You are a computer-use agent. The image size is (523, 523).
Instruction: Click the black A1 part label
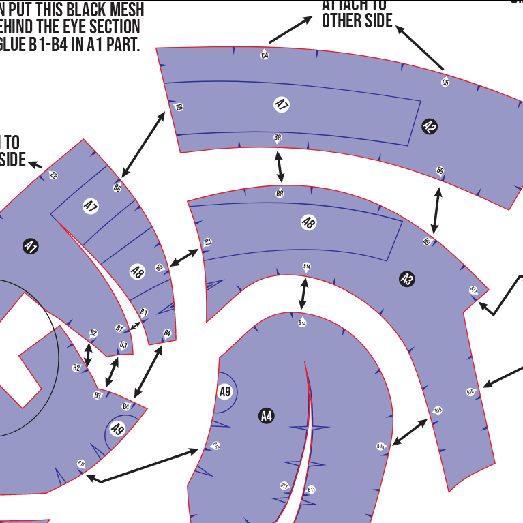(30, 247)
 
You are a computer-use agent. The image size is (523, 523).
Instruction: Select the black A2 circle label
(430, 126)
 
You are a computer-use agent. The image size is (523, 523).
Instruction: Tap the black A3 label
(407, 278)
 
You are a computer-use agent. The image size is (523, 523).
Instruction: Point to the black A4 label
(267, 415)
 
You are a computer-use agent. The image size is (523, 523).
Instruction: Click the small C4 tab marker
(265, 55)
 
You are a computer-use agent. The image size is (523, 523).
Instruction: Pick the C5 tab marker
(445, 83)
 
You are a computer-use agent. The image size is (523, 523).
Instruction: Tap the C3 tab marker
(54, 175)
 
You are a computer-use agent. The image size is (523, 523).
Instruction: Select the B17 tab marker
(473, 290)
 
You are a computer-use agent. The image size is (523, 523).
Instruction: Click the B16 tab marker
(470, 392)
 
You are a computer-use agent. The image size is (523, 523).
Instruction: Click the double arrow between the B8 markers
(279, 166)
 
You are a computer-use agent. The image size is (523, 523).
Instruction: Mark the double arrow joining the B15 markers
(410, 432)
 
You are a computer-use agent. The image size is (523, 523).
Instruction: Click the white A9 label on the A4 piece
(225, 392)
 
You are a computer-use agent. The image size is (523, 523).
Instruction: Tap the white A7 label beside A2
(282, 104)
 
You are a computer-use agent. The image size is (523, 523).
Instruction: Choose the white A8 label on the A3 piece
(308, 222)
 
